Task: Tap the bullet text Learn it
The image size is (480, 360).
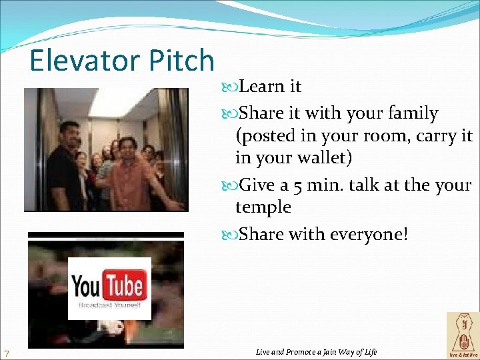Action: [269, 87]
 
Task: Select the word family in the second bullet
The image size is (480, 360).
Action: [410, 114]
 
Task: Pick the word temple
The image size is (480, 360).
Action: [263, 207]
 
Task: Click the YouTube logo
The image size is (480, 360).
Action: [109, 288]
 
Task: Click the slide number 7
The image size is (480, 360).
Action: [6, 353]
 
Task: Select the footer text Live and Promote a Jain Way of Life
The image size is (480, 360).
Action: [316, 351]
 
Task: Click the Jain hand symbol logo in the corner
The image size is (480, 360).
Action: [462, 335]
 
